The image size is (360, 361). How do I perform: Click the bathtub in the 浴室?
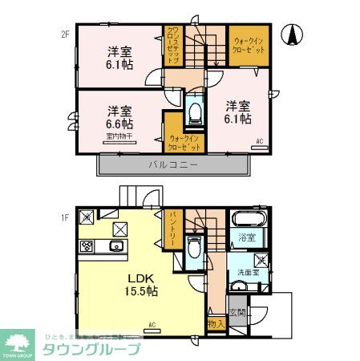coord(246,219)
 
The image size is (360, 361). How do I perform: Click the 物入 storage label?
coord(215,323)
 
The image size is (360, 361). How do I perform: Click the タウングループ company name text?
coord(93,349)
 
